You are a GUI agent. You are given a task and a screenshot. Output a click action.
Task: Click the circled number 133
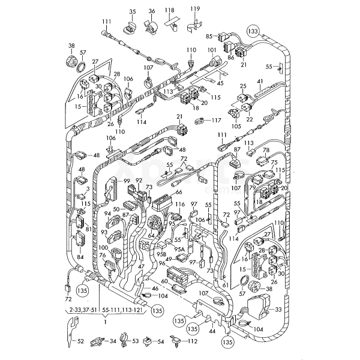pyautogui.click(x=254, y=30)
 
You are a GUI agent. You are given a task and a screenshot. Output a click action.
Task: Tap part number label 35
pyautogui.click(x=132, y=11)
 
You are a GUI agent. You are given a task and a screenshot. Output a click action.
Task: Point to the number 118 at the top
pyautogui.click(x=170, y=10)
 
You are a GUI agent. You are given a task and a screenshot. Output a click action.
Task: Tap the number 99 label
pyautogui.click(x=127, y=181)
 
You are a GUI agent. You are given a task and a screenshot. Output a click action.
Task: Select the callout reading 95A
pyautogui.click(x=179, y=248)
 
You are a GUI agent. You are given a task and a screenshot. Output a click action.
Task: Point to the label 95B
pyautogui.click(x=161, y=254)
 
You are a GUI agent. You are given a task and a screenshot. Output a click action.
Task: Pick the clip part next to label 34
pyautogui.click(x=96, y=341)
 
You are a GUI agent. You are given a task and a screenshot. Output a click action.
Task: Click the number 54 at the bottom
pyautogui.click(x=160, y=341)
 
